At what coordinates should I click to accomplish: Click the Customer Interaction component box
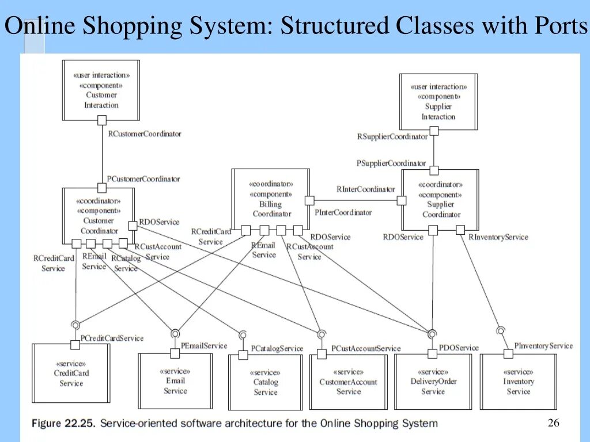point(101,90)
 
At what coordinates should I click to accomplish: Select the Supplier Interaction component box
point(438,102)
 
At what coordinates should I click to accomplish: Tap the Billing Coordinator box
point(270,199)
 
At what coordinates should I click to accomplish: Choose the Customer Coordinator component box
point(99,215)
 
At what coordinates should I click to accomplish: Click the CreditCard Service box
point(71,373)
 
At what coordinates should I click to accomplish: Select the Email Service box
point(175,381)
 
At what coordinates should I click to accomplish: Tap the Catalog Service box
point(265,382)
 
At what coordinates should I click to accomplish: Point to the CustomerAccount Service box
point(348,382)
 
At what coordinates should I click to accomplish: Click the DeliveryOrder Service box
point(433,381)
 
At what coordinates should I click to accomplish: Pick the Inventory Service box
point(518,381)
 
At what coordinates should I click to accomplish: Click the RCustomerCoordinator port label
point(145,134)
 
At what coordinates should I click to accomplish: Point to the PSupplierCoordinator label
point(391,163)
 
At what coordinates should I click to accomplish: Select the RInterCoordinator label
point(366,189)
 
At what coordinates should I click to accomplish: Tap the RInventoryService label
point(498,237)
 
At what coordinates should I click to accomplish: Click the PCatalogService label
point(277,349)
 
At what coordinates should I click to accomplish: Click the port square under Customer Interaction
point(102,120)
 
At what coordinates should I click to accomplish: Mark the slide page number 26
point(553,424)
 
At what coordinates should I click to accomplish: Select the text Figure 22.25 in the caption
point(63,424)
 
